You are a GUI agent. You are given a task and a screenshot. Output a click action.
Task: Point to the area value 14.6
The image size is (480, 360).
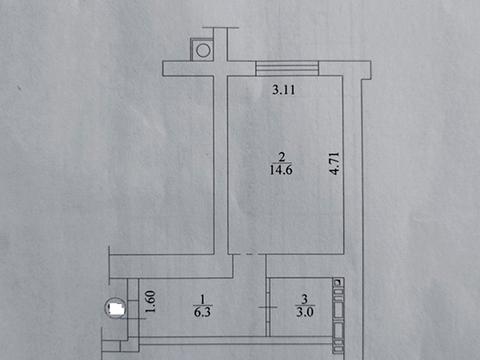coord(283,171)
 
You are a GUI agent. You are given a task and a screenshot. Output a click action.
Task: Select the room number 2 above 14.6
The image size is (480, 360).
coord(283,155)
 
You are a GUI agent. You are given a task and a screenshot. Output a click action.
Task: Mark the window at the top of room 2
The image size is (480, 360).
coord(288,68)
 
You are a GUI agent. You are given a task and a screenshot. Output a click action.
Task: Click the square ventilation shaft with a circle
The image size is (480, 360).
coord(203,48)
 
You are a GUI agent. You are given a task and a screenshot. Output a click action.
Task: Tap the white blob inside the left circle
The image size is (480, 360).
coord(116,310)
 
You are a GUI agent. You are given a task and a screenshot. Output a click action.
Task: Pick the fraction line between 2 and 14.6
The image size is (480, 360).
coord(283,163)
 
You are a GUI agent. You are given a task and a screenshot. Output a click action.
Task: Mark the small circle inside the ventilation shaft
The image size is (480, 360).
coord(203,48)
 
